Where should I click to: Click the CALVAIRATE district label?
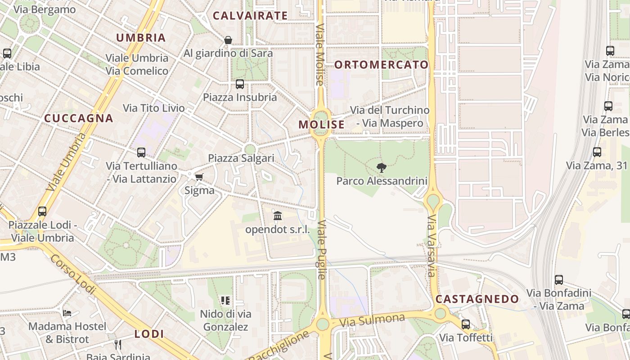point(250,16)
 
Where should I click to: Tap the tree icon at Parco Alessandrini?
point(382,168)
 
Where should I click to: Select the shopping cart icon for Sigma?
point(199,177)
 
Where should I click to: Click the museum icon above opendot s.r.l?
point(278,216)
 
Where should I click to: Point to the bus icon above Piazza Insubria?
point(240,84)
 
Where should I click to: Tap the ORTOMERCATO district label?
point(381,64)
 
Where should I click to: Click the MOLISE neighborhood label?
point(321,125)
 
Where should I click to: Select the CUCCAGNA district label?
point(78,118)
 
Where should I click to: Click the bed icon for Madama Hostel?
point(67,313)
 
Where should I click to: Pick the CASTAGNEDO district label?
point(477,299)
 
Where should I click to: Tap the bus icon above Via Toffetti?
point(466,324)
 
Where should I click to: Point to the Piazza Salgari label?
point(241,158)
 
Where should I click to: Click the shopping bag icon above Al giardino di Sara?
point(228,40)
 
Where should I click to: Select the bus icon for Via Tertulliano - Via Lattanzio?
point(141,153)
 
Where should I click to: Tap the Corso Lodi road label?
point(72,274)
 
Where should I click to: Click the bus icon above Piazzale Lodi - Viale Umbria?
point(42,211)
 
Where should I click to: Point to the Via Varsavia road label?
point(432,246)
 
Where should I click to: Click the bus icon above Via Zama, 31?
point(597,152)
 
